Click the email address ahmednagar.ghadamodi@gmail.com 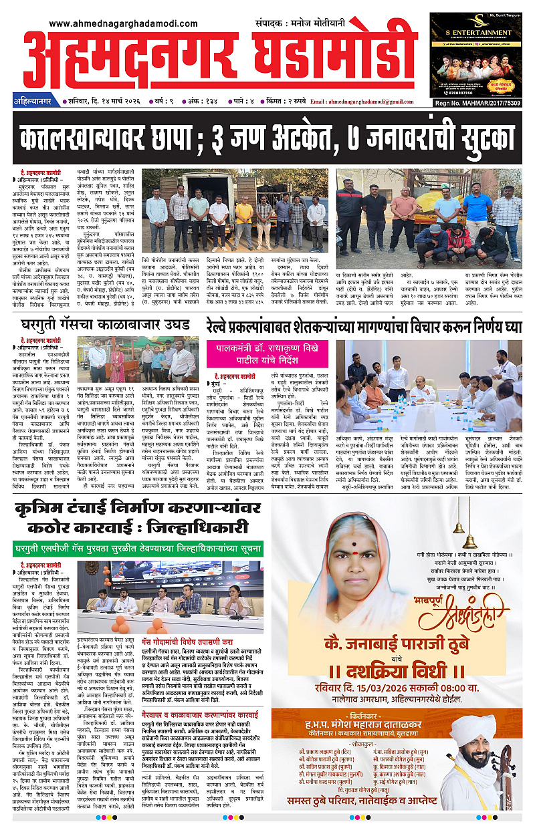[393, 102]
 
